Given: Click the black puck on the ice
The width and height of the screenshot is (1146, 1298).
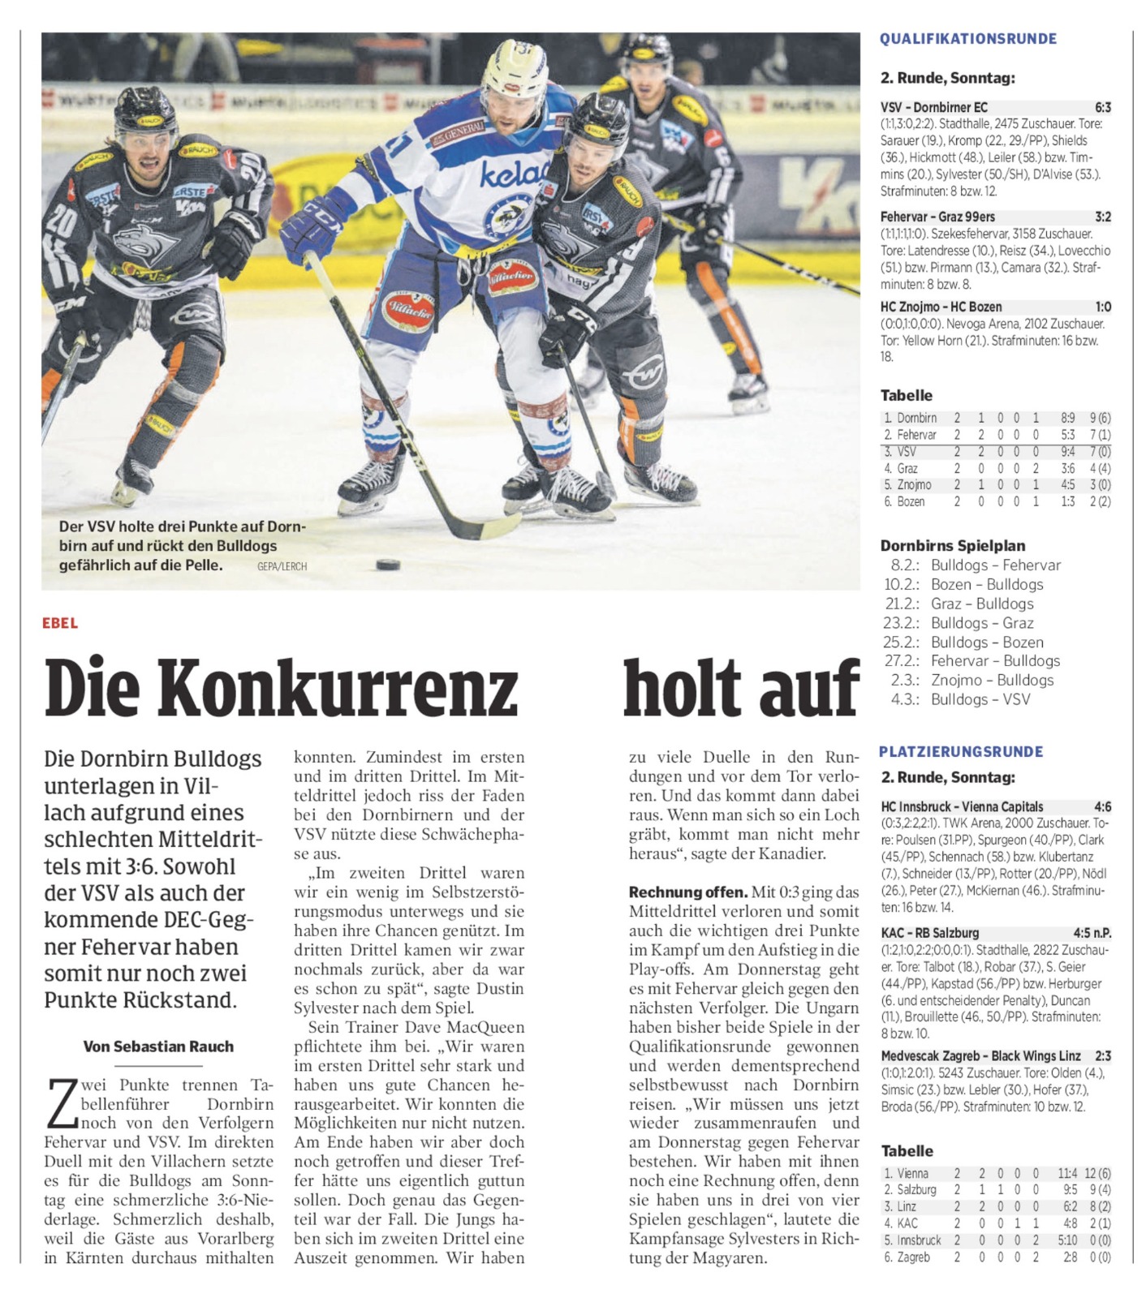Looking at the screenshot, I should pos(388,564).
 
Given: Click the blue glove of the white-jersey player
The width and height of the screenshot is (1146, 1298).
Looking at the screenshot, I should pos(311,225).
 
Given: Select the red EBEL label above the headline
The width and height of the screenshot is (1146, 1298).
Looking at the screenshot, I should pos(60,623).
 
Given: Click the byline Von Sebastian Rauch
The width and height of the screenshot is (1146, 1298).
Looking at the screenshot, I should pos(158,1047).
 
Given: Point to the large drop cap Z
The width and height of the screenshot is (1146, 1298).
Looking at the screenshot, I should pos(62,1103).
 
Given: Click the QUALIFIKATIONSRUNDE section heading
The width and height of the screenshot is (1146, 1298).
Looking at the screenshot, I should pos(967,39).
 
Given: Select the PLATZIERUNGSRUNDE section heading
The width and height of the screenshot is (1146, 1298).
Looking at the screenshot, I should pos(961,752).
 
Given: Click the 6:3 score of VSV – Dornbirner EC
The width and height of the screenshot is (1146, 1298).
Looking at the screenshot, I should pos(1102,107).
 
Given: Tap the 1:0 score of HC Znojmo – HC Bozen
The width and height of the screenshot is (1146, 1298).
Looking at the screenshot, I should pos(1102,307).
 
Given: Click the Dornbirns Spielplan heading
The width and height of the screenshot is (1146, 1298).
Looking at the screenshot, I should pos(952,545).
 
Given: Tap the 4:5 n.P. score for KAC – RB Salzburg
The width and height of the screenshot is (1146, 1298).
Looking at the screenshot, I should pos(1091,933).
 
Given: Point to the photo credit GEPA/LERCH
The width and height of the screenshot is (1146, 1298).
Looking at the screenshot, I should pos(282,566).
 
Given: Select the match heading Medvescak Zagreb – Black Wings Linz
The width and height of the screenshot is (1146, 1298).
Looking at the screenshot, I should pos(980,1055).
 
